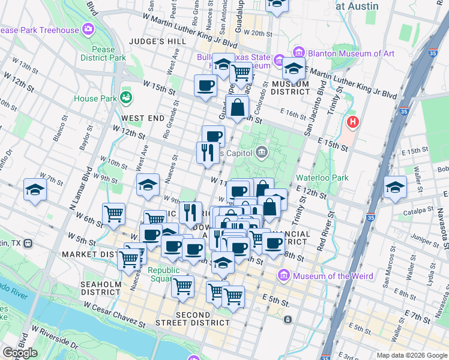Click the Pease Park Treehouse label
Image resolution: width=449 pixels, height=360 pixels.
click(39, 30)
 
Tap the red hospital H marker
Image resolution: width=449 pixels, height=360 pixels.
click(353, 122)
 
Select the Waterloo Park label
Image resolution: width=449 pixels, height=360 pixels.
click(322, 178)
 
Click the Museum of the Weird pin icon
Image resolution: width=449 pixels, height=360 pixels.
click(285, 275)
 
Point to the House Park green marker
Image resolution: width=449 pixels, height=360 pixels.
click(126, 97)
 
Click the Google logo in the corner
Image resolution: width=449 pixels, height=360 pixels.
click(20, 353)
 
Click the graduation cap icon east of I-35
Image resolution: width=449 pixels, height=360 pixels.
click(395, 188)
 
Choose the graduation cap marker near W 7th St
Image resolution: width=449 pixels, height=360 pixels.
click(35, 190)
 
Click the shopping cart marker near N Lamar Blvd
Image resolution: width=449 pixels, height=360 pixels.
click(113, 214)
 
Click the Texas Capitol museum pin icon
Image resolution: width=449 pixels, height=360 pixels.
click(261, 152)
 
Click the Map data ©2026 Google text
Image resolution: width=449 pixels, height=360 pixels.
click(411, 355)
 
